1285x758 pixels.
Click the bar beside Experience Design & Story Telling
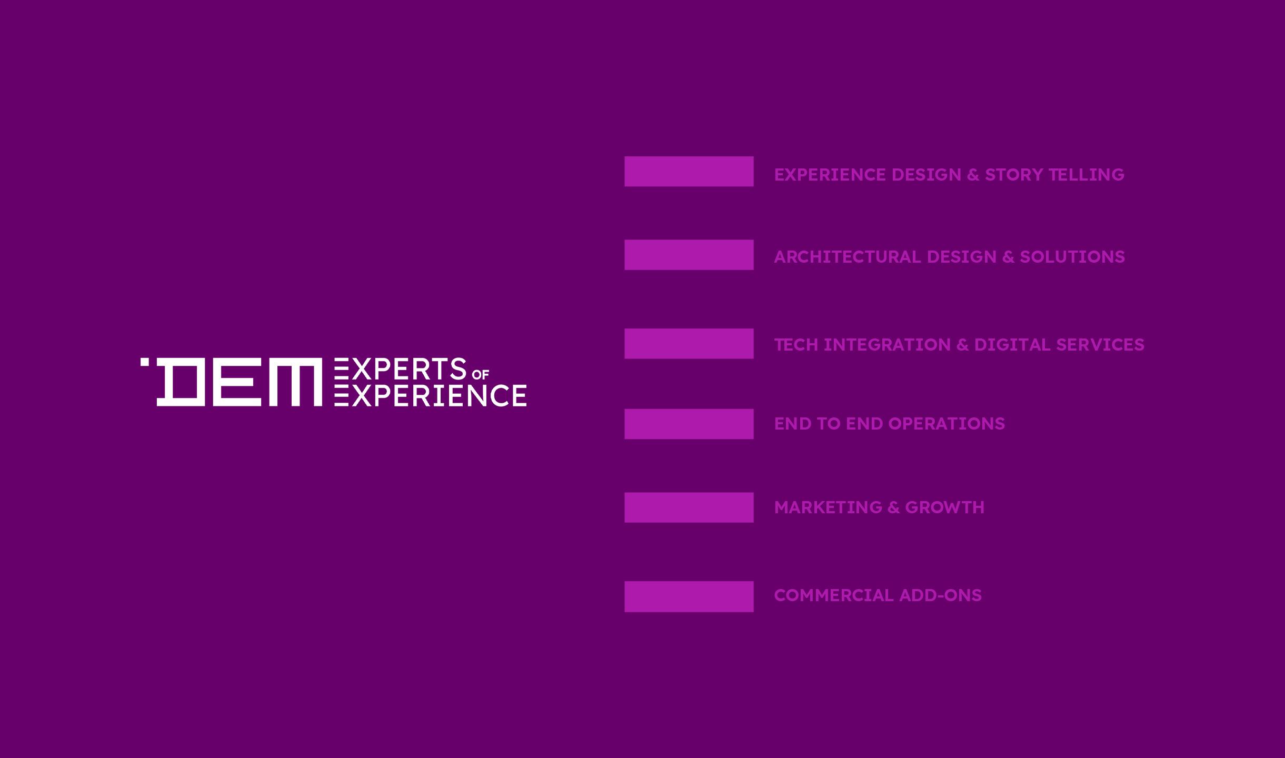(689, 171)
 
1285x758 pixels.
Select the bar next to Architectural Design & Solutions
(689, 255)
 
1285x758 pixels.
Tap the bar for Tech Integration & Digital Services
(689, 343)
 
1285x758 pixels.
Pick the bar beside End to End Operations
(689, 424)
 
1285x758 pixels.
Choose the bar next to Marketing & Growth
(689, 507)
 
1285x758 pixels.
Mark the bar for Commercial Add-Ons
(689, 596)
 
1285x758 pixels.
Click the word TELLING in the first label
(1086, 175)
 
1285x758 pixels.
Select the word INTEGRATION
(887, 345)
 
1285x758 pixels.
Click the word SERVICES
(1100, 345)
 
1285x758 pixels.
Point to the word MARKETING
(828, 507)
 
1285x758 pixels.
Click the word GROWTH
(944, 507)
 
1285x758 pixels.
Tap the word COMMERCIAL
(833, 595)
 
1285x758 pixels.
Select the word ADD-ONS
(940, 595)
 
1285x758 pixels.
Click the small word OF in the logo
(481, 375)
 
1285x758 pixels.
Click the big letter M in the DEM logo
(295, 382)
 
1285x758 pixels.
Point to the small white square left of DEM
(144, 362)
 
